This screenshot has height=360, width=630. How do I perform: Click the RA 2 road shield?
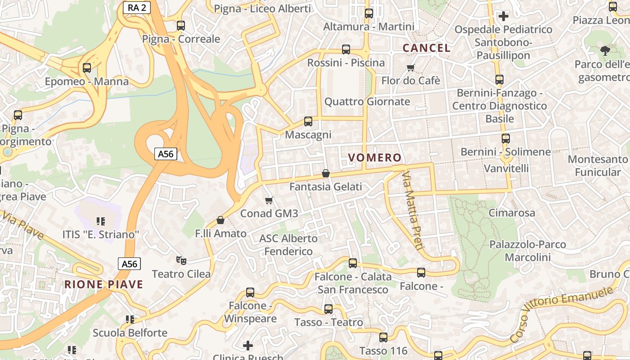pos(137,7)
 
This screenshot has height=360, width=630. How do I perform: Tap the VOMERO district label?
pos(375,157)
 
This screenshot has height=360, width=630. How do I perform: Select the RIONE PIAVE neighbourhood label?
pos(103,284)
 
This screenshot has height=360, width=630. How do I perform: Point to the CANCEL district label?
pos(426,48)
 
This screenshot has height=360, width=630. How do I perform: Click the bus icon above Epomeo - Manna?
pos(87,68)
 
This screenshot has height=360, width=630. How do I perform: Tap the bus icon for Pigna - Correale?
pos(181,26)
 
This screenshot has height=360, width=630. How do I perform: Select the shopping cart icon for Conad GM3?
pos(269,200)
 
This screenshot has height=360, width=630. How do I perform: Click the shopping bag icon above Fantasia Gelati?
pos(326,173)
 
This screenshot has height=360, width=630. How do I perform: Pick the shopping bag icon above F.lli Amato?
pos(220,220)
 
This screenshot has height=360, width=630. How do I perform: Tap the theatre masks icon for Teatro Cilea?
pos(181,260)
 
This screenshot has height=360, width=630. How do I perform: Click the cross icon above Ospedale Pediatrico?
pos(504,16)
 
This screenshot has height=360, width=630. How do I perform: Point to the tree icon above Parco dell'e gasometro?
pos(605,50)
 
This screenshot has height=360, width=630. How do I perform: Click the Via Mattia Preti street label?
pos(413,210)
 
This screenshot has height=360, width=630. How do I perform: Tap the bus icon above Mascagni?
pos(308,121)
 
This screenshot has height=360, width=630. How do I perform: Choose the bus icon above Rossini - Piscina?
pos(346,49)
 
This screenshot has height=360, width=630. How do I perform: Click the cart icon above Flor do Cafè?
pos(410,68)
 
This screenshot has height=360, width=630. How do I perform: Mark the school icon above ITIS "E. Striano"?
pos(101,221)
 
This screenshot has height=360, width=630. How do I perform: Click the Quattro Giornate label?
pos(367,102)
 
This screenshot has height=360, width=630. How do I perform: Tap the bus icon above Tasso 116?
pos(383,337)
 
